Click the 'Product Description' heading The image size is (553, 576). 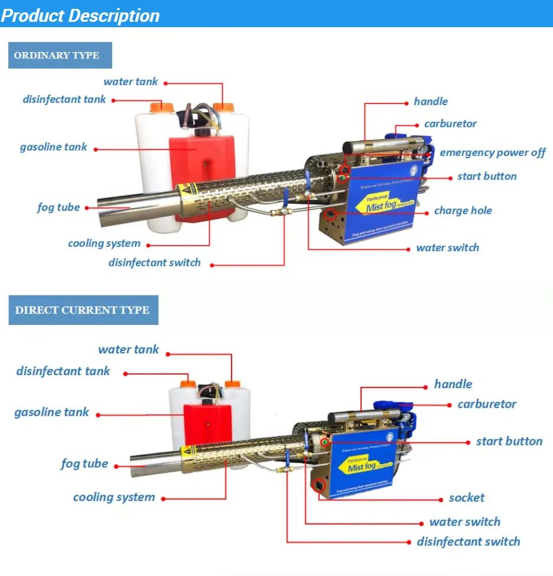click(81, 15)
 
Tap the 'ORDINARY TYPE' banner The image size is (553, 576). click(57, 56)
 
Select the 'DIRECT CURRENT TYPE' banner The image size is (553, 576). click(82, 310)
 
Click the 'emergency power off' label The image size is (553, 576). click(492, 152)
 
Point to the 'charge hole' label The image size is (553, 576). click(463, 210)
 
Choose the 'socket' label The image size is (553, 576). click(466, 498)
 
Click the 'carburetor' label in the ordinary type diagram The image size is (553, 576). click(450, 124)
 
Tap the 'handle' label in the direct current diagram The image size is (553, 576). click(453, 384)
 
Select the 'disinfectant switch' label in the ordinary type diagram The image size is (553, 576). click(154, 262)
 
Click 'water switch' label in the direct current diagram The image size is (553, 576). click(464, 522)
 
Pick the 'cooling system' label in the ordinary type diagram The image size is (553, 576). click(104, 243)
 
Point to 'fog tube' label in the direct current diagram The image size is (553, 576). click(84, 464)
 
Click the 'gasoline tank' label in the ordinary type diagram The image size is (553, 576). click(53, 147)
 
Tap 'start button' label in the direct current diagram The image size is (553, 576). click(509, 441)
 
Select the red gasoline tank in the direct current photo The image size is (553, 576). click(206, 425)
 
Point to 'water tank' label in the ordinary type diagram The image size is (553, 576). click(131, 82)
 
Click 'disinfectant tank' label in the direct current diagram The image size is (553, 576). click(63, 372)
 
